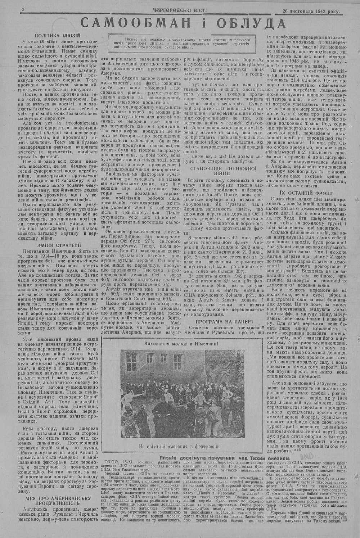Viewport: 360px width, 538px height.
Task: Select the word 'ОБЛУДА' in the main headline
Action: point(249,23)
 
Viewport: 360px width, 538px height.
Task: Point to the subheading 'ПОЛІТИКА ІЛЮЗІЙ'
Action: point(55,36)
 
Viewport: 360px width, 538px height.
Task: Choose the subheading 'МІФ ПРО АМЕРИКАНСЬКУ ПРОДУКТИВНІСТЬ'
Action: point(55,501)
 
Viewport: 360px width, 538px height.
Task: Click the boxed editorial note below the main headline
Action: point(184,43)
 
